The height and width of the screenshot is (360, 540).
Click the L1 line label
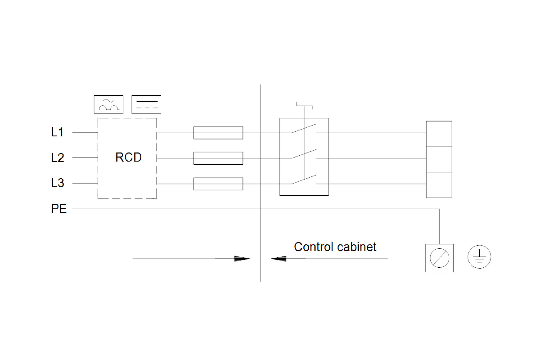pos(57,132)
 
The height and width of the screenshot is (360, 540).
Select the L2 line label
pos(57,158)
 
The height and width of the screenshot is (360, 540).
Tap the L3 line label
pos(57,183)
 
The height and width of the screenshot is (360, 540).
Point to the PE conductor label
pos(59,209)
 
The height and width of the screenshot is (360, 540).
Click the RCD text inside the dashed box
pos(128,157)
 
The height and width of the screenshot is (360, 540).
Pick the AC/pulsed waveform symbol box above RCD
pos(109,105)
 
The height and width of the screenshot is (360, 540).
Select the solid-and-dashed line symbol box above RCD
pos(146,105)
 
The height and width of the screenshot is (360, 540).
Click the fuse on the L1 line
pos(218,133)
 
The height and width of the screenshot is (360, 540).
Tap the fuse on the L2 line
pos(218,158)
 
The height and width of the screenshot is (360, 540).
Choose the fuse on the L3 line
pos(218,184)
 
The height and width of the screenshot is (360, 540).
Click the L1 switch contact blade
pos(304,128)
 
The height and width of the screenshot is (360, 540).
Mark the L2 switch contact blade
pos(304,154)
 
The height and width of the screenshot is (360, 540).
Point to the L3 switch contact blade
pos(304,179)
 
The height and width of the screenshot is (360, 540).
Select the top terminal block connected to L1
pos(439,134)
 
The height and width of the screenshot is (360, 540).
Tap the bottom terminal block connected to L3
pos(439,185)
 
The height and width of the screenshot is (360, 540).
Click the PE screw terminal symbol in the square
pos(439,258)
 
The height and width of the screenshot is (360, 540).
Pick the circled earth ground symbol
pos(479,257)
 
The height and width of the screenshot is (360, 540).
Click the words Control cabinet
pos(335,247)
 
